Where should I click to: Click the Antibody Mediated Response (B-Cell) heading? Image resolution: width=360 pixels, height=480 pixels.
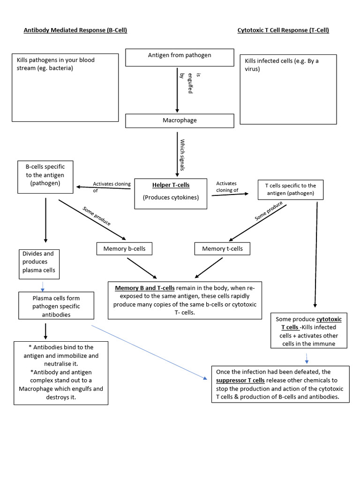75,30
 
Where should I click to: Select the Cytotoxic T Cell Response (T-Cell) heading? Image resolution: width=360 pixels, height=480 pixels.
283,30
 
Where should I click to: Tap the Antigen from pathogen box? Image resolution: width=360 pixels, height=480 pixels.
180,57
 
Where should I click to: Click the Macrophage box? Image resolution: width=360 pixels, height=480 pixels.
180,120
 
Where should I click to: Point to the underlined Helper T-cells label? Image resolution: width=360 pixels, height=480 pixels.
171,185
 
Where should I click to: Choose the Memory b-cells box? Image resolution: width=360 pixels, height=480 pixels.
124,248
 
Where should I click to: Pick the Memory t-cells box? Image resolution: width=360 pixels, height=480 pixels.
222,248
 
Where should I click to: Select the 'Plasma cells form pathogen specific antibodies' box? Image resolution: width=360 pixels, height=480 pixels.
56,306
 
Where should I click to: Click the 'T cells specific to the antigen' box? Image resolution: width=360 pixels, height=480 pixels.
291,189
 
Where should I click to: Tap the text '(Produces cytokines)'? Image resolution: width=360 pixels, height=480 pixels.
171,197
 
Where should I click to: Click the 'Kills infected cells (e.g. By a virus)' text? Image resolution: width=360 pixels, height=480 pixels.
281,65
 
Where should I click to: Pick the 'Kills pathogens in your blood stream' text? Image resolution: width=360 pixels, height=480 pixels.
55,64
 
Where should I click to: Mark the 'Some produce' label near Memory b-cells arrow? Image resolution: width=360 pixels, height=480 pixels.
97,216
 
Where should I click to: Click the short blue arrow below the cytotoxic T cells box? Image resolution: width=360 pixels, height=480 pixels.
307,358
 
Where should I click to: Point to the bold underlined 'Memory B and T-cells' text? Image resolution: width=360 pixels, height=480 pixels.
145,288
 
